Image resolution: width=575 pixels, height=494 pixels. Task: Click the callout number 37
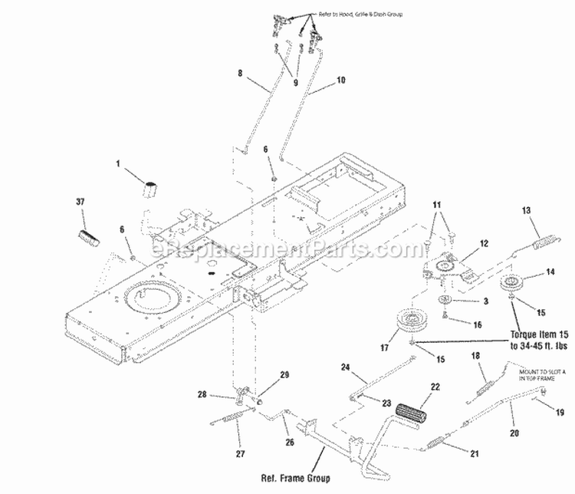tap(80, 202)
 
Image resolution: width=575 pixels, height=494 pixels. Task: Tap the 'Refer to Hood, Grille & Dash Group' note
tap(359, 15)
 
